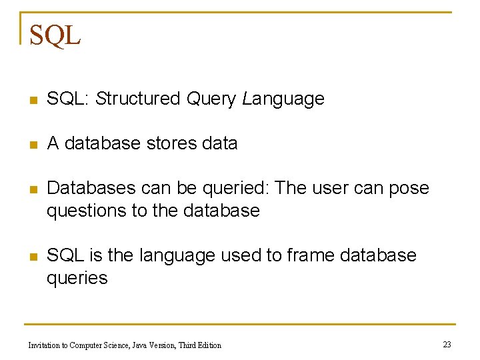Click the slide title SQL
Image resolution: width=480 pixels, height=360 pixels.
[x=55, y=35]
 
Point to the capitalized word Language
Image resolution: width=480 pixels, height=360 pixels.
[x=283, y=99]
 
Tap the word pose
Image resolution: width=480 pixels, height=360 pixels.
[x=409, y=189]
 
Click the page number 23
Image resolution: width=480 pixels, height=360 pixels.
[x=447, y=344]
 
